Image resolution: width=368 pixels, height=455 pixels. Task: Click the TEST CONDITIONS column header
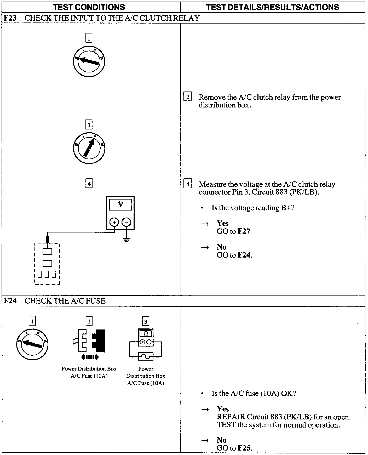point(89,7)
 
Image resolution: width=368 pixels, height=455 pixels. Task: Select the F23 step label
point(10,18)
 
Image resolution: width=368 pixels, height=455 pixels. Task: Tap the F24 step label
point(10,301)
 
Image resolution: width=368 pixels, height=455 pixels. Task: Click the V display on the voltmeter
point(120,204)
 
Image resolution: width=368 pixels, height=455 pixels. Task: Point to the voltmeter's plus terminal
point(114,222)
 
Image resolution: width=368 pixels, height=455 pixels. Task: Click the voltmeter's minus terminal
point(126,222)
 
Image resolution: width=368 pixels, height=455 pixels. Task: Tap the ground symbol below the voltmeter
point(126,240)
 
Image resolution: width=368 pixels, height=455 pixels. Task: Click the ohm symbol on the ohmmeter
point(146,333)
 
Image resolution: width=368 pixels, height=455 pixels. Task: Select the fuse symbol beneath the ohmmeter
point(146,356)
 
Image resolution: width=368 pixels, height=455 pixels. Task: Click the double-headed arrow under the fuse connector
point(90,357)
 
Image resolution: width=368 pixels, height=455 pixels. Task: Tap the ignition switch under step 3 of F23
point(89,148)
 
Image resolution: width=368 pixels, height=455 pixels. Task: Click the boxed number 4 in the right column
point(188,184)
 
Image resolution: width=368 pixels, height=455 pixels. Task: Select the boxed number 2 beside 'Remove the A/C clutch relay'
point(187,97)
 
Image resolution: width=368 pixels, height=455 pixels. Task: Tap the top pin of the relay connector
point(47,251)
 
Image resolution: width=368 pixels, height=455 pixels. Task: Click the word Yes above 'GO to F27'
point(223,223)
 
